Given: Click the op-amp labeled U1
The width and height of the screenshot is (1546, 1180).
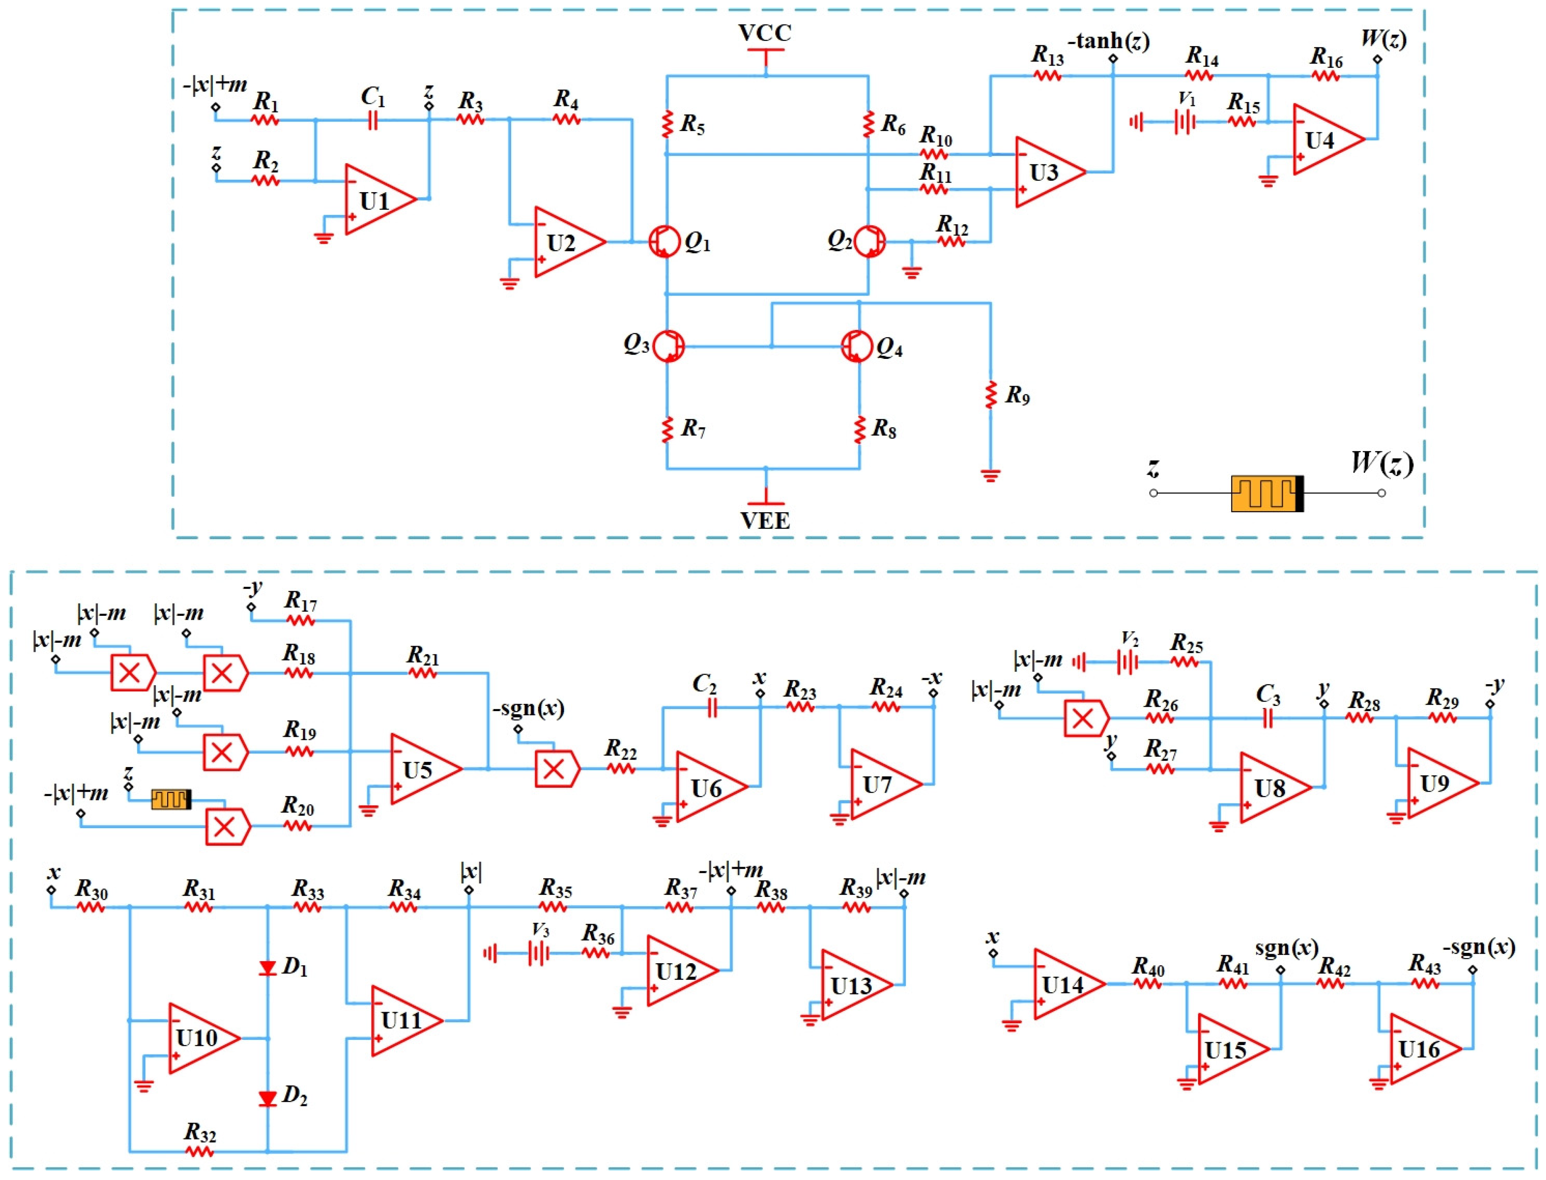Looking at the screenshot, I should coord(378,200).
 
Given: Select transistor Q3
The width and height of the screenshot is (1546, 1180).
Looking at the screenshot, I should coord(668,346).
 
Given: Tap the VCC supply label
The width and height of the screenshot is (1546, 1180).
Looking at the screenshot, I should coord(765,33).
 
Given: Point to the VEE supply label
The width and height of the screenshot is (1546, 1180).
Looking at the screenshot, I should coord(765,521).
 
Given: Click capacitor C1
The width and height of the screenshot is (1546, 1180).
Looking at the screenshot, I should coord(372,121).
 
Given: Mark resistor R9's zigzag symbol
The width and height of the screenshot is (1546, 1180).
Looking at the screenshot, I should coord(990,395).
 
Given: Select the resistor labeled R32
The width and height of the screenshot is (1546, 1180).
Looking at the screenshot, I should coord(199,1152).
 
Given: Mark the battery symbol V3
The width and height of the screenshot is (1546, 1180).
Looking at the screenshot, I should coord(539,953).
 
